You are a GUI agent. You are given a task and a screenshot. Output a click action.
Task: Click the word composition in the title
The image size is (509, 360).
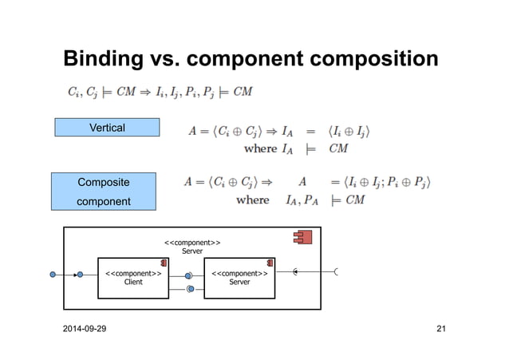[x=373, y=60]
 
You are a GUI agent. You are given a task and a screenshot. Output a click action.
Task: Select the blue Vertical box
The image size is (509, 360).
[x=107, y=127]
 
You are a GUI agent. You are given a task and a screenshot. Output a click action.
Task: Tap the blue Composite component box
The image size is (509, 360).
[x=104, y=192]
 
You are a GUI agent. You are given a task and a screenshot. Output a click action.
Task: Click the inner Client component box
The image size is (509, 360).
[x=133, y=278]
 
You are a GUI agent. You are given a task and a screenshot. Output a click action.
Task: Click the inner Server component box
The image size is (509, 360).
[x=239, y=278]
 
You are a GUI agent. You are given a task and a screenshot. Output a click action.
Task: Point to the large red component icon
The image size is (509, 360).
[x=302, y=237]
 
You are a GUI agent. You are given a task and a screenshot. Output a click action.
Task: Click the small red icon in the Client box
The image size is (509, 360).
[x=163, y=263]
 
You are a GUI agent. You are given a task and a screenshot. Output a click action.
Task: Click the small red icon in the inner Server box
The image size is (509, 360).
[x=270, y=263]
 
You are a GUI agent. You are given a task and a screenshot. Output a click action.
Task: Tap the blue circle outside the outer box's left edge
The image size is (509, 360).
[x=53, y=275]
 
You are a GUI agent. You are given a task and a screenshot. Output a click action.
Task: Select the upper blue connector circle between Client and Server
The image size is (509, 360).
[x=188, y=275]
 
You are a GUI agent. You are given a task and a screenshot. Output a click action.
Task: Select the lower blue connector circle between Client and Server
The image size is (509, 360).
[x=189, y=288]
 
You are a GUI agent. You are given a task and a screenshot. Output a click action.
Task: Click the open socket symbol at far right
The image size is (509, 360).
[x=337, y=272]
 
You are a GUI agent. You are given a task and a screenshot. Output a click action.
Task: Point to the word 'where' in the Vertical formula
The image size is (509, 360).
[x=260, y=148]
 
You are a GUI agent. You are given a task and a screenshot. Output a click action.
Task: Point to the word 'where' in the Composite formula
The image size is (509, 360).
[x=253, y=200]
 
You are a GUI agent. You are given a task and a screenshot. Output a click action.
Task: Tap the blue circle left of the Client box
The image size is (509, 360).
[x=80, y=275]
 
